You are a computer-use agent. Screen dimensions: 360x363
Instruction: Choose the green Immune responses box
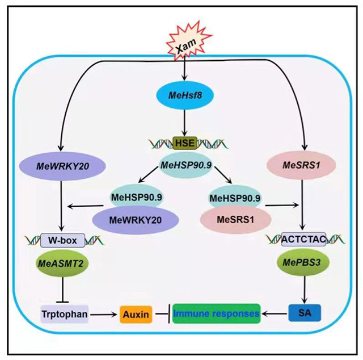217,312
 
